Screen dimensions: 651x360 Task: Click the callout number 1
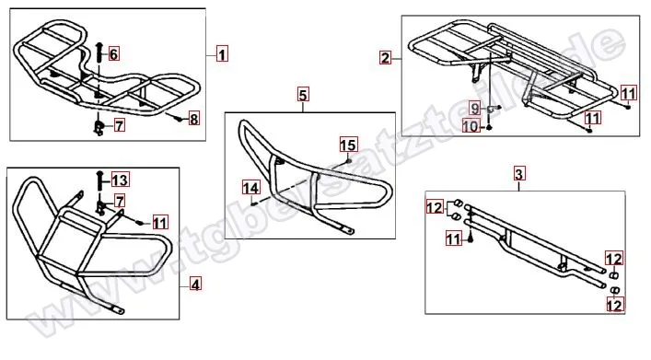[x=223, y=54]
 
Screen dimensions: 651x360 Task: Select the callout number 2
[x=385, y=57]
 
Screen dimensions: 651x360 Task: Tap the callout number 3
[x=519, y=173]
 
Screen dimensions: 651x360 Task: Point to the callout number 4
[x=195, y=285]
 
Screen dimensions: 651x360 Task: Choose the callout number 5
[x=303, y=95]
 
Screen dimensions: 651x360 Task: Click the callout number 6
[x=114, y=53]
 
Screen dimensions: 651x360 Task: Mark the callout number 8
[x=194, y=119]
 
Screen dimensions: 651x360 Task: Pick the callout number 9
[x=475, y=108]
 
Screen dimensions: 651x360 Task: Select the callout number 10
[x=471, y=125]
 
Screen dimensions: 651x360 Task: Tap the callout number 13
[x=120, y=180]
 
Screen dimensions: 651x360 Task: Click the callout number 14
[x=251, y=188]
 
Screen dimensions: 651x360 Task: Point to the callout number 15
[x=348, y=145]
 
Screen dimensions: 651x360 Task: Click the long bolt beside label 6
[x=99, y=53]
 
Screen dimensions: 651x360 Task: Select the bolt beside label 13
[x=99, y=181]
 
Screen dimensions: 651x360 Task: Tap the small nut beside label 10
[x=489, y=126]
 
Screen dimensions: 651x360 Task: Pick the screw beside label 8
[x=179, y=119]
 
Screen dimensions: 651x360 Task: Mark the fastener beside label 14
[x=254, y=203]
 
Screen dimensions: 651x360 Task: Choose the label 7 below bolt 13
[x=120, y=202]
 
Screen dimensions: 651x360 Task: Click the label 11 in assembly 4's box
[x=160, y=223]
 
